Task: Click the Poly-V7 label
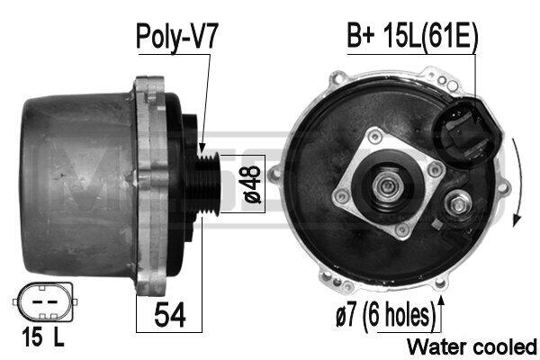click(x=177, y=37)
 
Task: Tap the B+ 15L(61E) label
click(x=412, y=37)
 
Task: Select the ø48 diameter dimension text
click(x=252, y=184)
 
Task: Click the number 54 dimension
click(x=170, y=314)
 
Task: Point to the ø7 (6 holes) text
click(x=385, y=314)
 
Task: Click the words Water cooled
click(x=472, y=346)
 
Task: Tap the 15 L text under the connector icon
click(x=43, y=337)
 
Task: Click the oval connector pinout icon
click(x=45, y=302)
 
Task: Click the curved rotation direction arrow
click(x=518, y=183)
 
